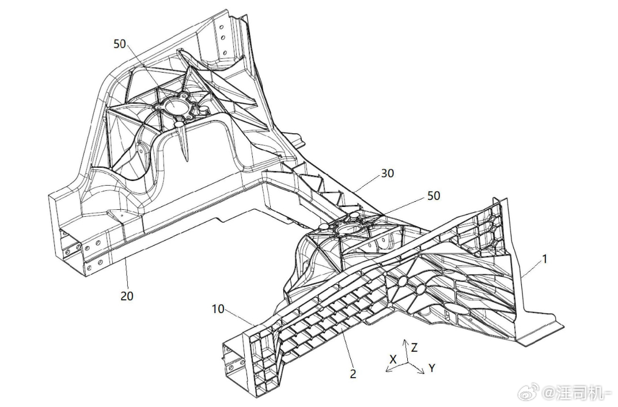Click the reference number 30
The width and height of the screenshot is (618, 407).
coord(388,173)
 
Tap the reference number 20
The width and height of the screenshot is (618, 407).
coord(127,295)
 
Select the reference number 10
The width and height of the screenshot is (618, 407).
coord(218,309)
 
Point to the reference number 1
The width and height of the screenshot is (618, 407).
coord(545,259)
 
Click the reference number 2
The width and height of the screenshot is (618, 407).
coord(352,374)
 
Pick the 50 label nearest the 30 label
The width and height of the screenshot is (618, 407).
coord(434,195)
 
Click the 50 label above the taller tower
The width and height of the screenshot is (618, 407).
coord(120,44)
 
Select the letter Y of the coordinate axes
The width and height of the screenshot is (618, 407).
coord(432,368)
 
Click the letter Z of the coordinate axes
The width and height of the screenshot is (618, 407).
coord(414,348)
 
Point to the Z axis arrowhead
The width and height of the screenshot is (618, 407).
coord(405,341)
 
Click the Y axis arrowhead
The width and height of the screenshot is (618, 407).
coord(422,371)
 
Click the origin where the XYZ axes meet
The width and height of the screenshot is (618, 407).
coord(405,361)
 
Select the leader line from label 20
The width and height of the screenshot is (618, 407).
coord(126,273)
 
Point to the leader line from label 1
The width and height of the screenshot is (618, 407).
coord(532,269)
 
